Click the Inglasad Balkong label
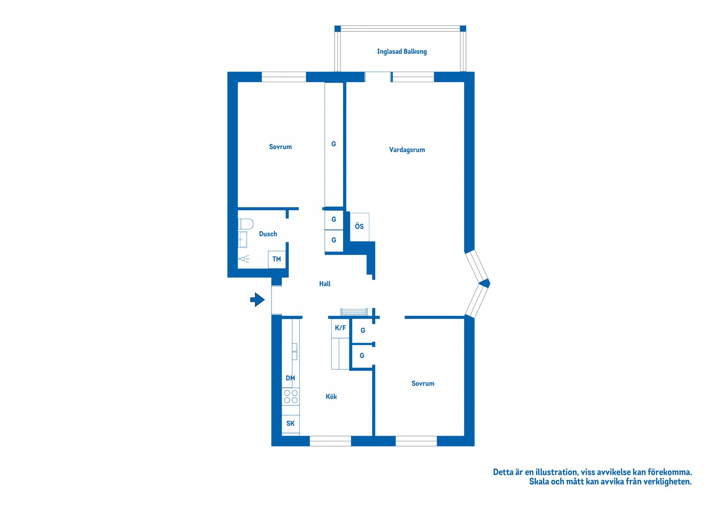402,52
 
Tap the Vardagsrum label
407,150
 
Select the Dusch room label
268,234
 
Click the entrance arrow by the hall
257,300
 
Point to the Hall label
325,284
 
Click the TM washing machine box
277,259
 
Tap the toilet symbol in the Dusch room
245,224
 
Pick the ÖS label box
359,227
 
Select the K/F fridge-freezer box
340,328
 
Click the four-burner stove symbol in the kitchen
291,397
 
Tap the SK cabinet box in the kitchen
291,424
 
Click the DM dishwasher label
290,378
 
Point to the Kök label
331,397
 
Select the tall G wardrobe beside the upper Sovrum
334,144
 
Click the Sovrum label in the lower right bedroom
423,384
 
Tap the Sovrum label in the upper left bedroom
280,147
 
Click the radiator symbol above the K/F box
354,312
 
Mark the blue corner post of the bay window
485,284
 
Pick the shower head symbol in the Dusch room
244,259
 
